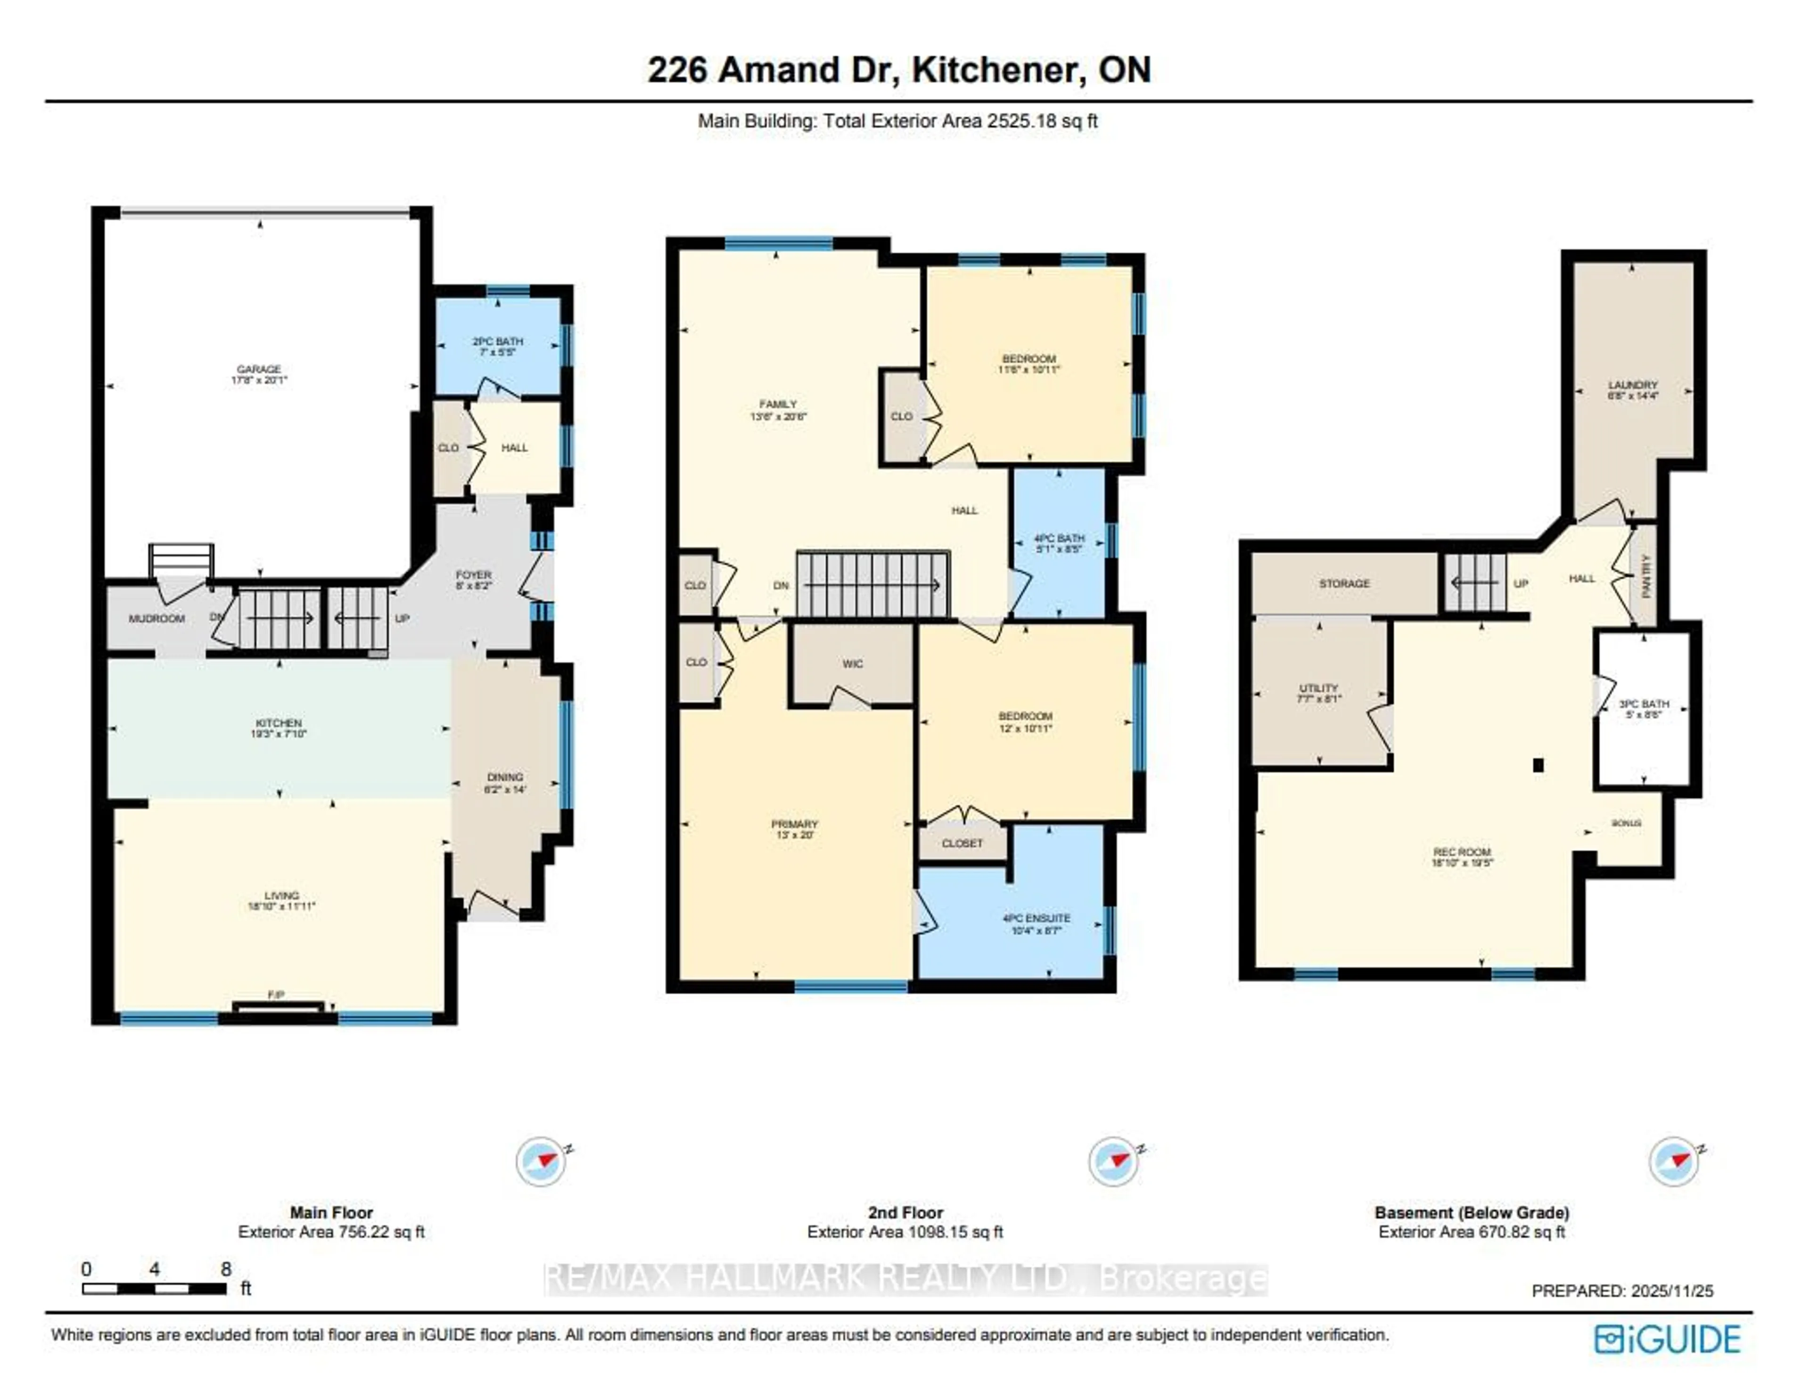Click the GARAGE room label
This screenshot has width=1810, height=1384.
click(x=259, y=369)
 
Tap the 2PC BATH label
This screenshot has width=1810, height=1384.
click(x=497, y=341)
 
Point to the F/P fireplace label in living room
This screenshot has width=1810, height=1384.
click(x=277, y=995)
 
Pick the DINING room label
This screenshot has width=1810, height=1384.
click(x=505, y=777)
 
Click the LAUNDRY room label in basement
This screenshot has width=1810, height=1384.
click(x=1632, y=385)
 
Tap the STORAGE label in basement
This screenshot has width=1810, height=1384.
click(x=1344, y=583)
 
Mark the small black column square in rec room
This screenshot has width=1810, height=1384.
click(x=1538, y=765)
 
